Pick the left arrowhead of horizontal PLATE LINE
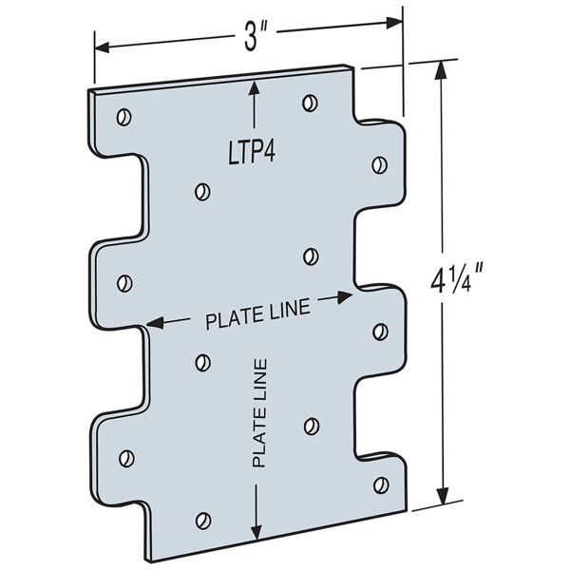[153, 324]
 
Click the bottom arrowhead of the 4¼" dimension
[441, 495]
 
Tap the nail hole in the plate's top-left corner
[123, 118]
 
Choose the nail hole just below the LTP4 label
[200, 192]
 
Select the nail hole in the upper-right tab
[378, 164]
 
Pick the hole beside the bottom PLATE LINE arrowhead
[201, 520]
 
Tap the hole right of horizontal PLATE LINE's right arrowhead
[379, 332]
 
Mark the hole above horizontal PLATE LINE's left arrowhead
[123, 282]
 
